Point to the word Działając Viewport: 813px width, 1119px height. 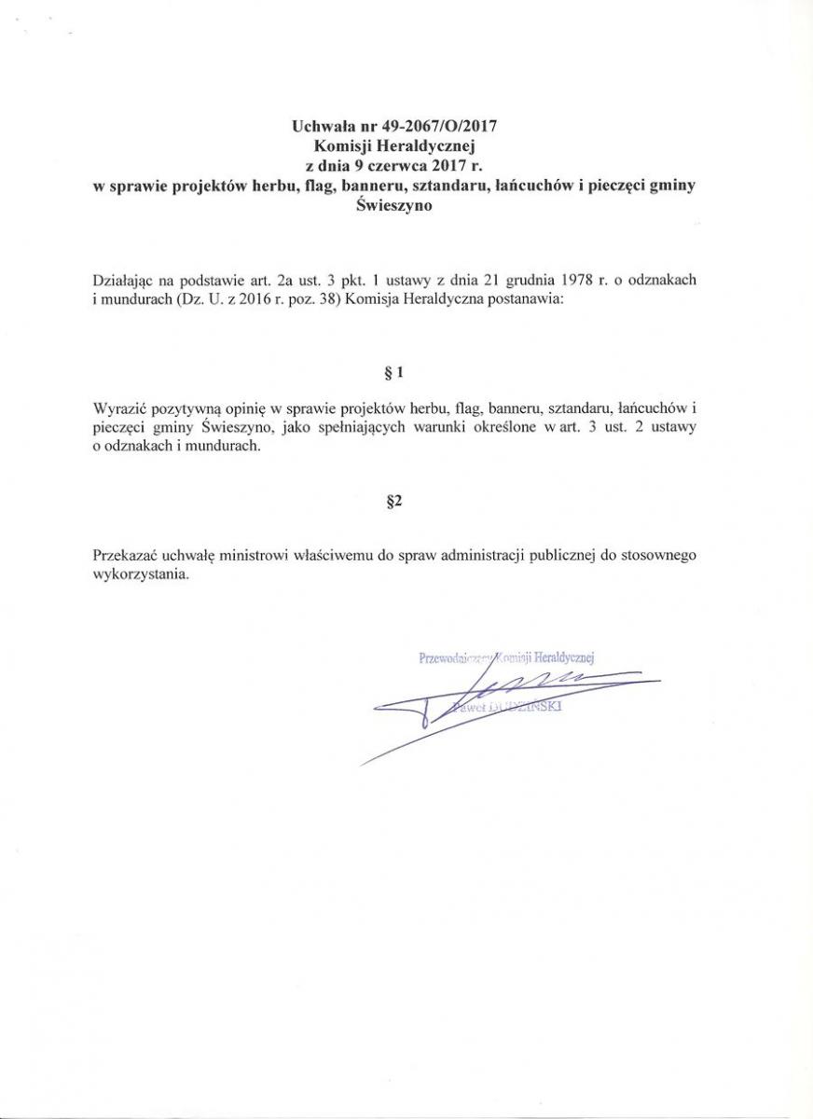click(125, 280)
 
